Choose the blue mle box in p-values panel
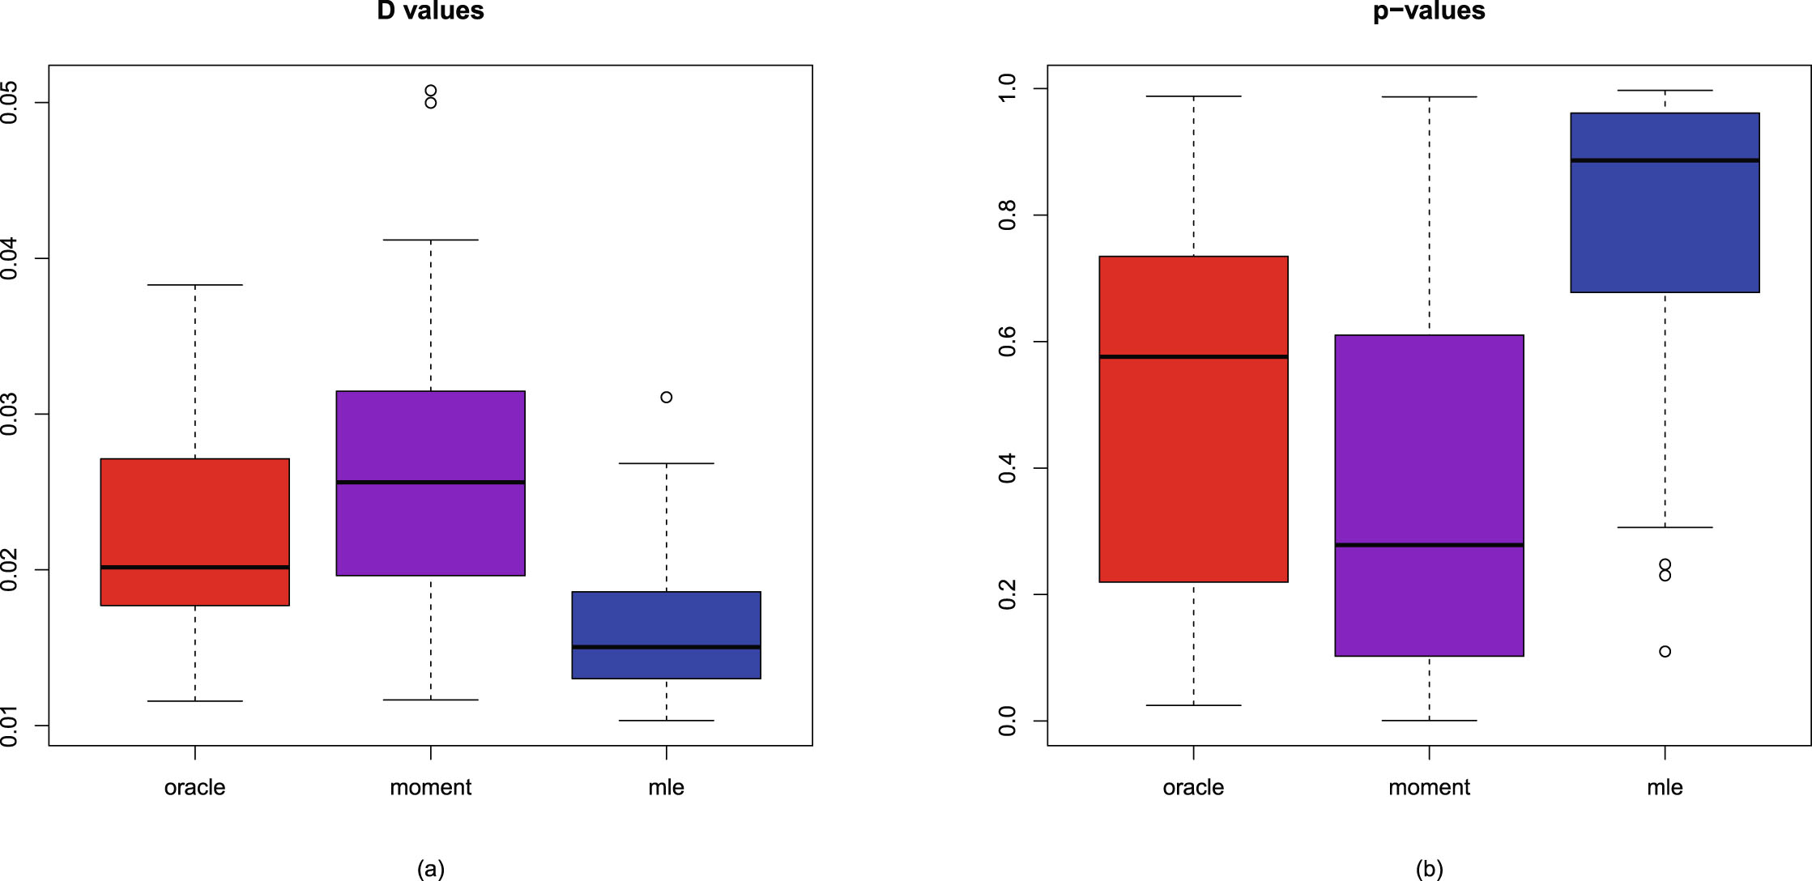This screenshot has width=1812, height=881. (x=1665, y=227)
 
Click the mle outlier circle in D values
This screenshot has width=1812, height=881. (x=666, y=397)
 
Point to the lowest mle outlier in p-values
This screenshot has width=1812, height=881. (x=1665, y=651)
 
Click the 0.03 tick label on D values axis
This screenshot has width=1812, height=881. (x=10, y=415)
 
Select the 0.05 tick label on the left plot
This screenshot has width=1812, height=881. (x=10, y=102)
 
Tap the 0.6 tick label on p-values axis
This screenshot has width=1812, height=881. (x=1008, y=342)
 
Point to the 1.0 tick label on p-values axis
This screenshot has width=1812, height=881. (x=1008, y=88)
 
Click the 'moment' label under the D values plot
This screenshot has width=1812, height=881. (x=430, y=787)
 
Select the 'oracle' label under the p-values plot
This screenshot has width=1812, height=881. (x=1193, y=787)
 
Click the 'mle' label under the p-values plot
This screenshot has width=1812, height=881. (x=1665, y=787)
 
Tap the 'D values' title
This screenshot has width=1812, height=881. (x=430, y=11)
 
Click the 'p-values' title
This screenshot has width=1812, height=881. (x=1429, y=11)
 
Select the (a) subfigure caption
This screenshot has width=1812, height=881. (x=430, y=869)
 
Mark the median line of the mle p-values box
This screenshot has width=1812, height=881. (x=1665, y=160)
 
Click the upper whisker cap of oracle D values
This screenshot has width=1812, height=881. (x=194, y=285)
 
